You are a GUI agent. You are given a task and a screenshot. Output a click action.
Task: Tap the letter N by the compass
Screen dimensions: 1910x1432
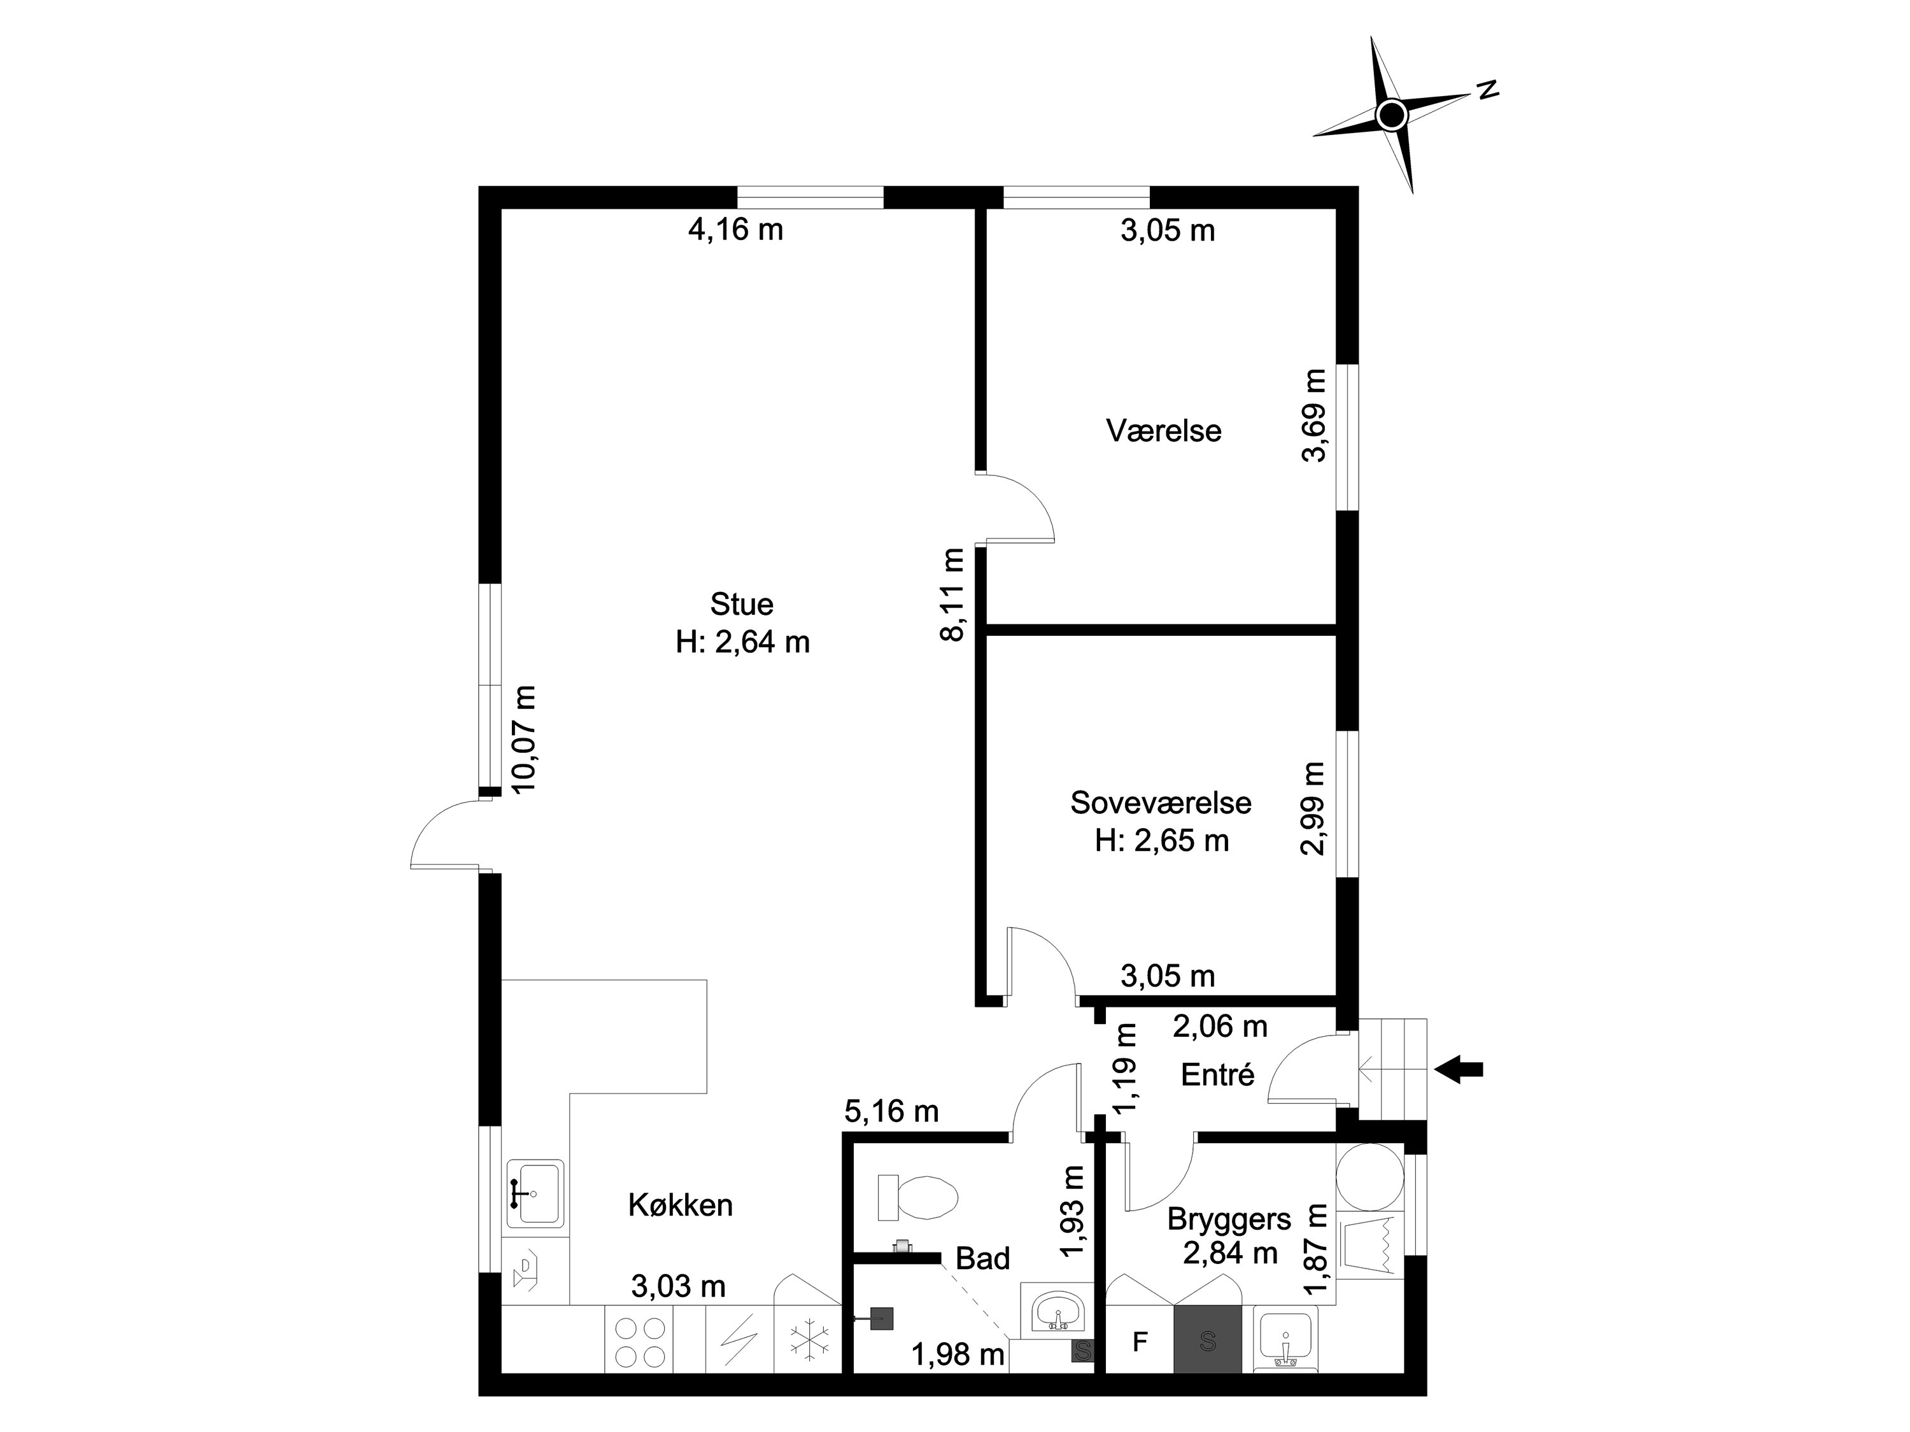(x=1487, y=90)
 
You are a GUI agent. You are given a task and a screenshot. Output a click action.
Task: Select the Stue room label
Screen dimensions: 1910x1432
(x=742, y=603)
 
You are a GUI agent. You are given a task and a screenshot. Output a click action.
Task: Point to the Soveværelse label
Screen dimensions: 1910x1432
(x=1161, y=802)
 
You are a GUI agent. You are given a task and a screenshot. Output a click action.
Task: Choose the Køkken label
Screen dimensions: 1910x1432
(x=681, y=1204)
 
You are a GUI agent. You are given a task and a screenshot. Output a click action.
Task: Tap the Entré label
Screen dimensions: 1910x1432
(x=1217, y=1075)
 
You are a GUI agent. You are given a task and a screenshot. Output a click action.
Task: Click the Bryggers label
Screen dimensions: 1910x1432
(x=1229, y=1219)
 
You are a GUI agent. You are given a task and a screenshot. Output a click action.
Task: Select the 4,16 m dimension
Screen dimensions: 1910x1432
(x=736, y=230)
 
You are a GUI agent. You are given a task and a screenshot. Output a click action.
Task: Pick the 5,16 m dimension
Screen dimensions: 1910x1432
(x=891, y=1111)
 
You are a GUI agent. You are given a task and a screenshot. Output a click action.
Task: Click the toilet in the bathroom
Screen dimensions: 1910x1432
(x=917, y=1197)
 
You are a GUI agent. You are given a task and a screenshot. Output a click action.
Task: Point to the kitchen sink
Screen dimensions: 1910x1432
(x=535, y=1192)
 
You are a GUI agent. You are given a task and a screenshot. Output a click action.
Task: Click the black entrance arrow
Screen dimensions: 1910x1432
(x=1459, y=1069)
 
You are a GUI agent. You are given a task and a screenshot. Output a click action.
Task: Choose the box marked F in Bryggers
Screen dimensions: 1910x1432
(x=1140, y=1342)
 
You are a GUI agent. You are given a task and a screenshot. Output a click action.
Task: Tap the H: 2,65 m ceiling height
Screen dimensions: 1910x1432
(x=1161, y=841)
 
